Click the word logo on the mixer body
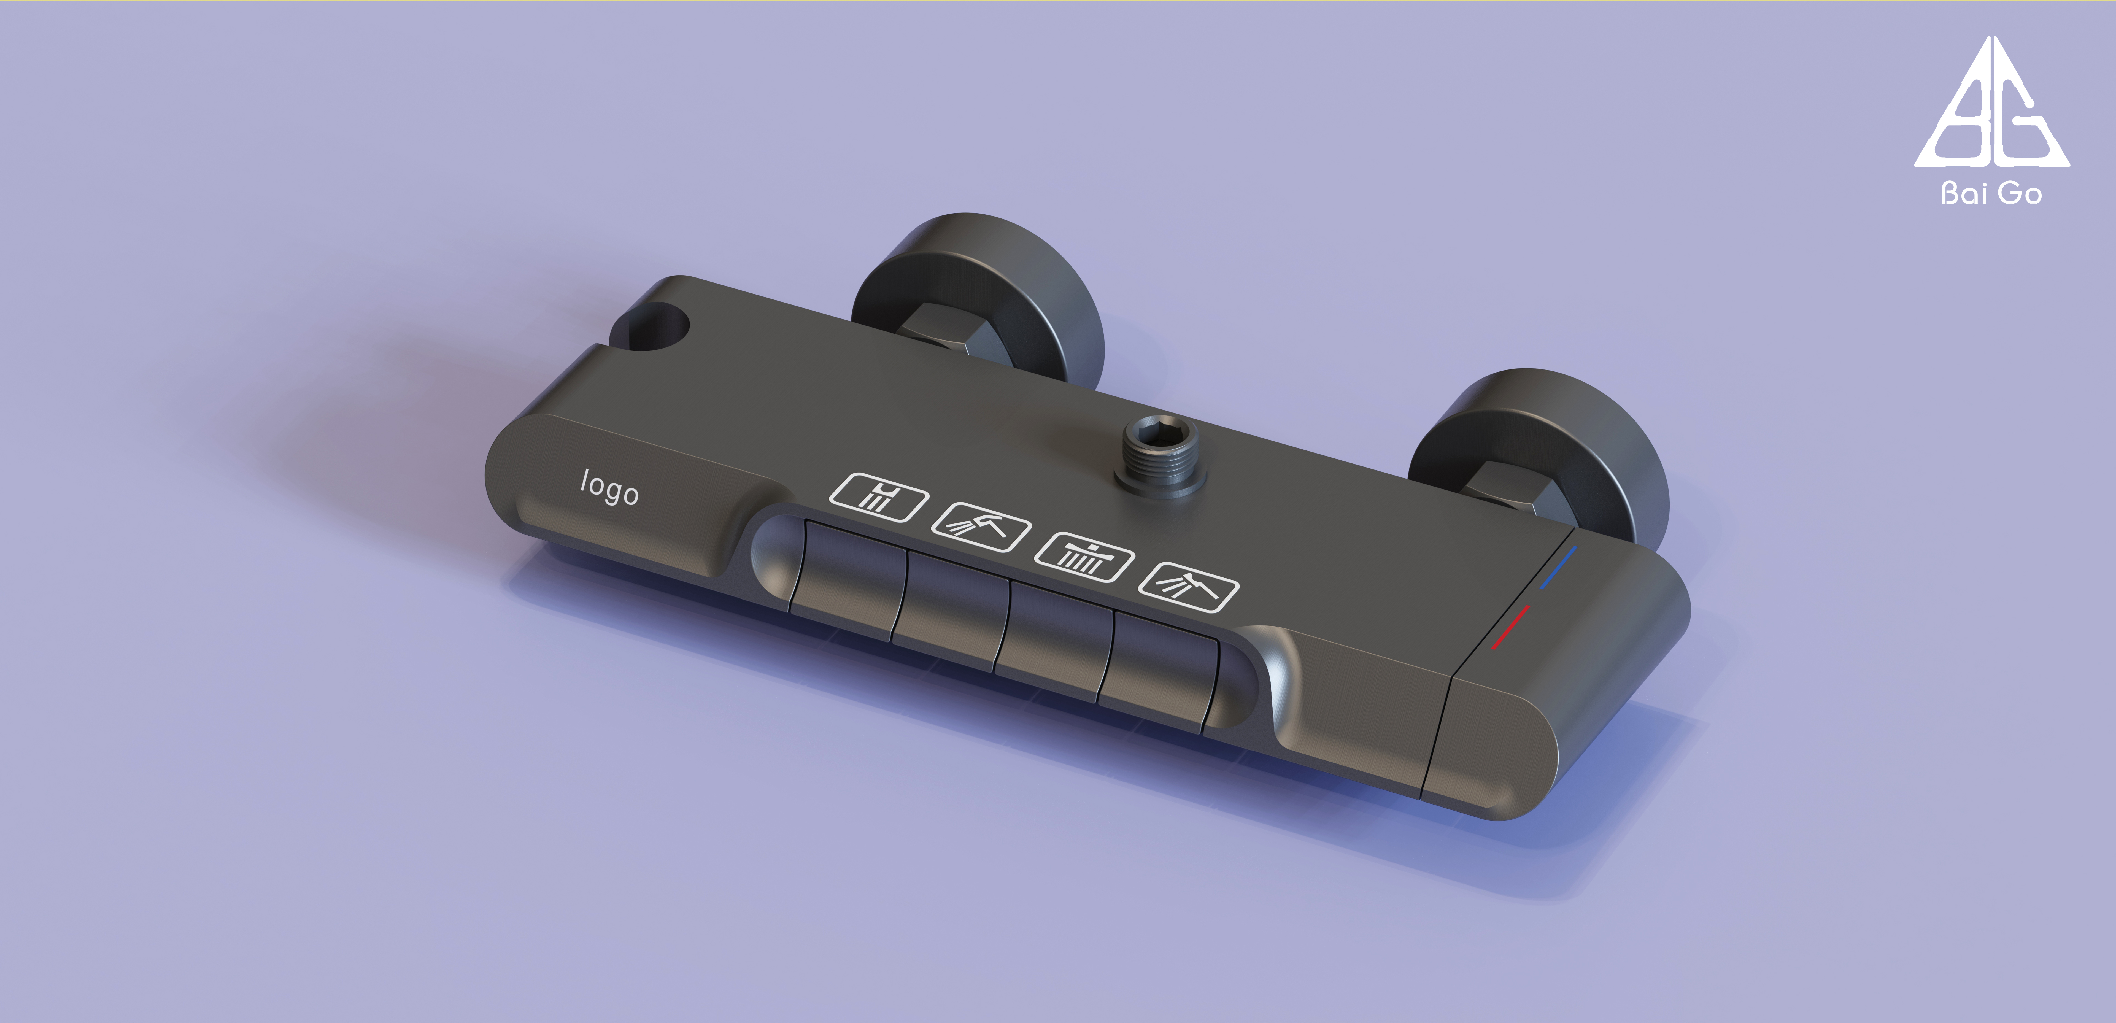pos(609,488)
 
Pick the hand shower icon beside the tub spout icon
pos(981,527)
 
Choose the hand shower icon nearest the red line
pos(1188,587)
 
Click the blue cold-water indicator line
pos(1558,567)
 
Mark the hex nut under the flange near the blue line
pos(1512,500)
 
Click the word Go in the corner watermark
pos(2020,194)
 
